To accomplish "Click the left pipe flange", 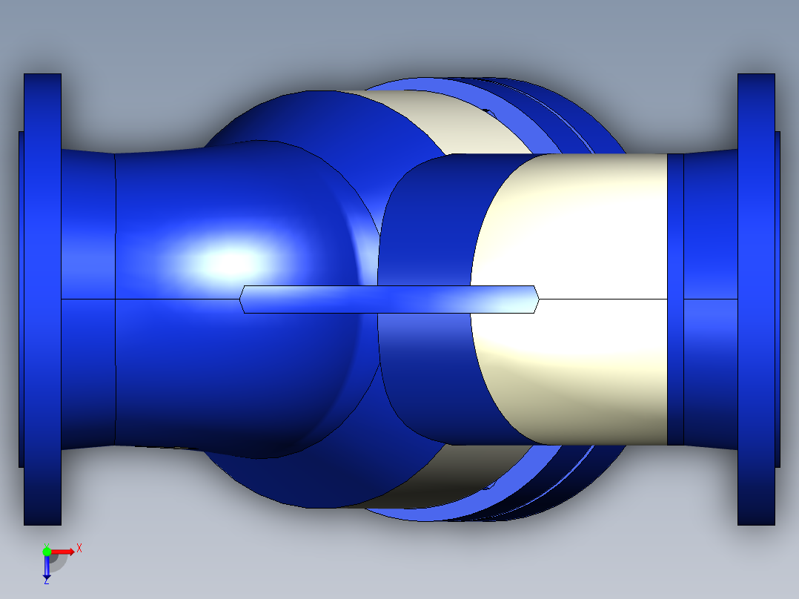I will [x=42, y=299].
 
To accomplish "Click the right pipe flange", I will [x=756, y=299].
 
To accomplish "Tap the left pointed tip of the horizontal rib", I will [x=242, y=299].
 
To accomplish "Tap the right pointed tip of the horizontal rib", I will [x=537, y=299].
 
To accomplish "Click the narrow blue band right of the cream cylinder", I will [x=674, y=299].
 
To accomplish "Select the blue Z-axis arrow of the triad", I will [x=47, y=568].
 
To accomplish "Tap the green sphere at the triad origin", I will [x=47, y=552].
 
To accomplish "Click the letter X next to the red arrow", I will [x=79, y=548].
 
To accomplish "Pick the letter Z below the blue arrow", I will [x=46, y=581].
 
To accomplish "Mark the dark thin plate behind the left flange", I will [x=21, y=299].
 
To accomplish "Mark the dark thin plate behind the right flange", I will [x=778, y=299].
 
